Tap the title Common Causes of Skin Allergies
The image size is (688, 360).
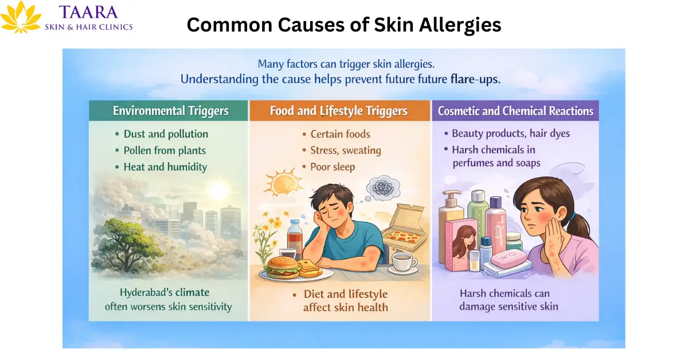(x=344, y=25)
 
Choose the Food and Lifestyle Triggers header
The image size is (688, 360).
(x=339, y=111)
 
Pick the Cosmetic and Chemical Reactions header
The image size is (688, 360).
(x=515, y=111)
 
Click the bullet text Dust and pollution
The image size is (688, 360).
(x=166, y=134)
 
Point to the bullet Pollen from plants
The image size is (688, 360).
(x=165, y=151)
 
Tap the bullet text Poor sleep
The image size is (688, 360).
(x=333, y=167)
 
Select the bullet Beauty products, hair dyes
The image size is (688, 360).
(x=510, y=134)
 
